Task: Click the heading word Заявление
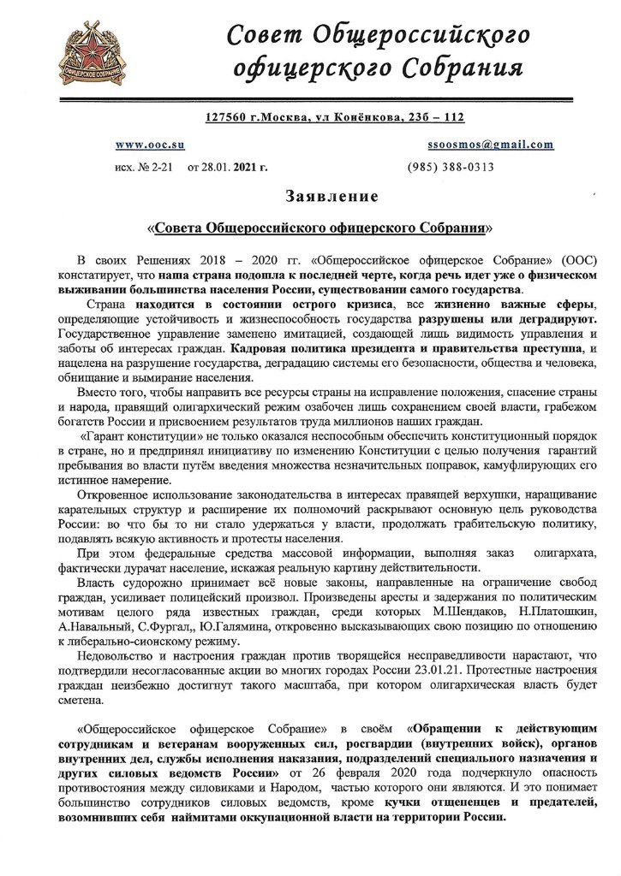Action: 332,198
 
